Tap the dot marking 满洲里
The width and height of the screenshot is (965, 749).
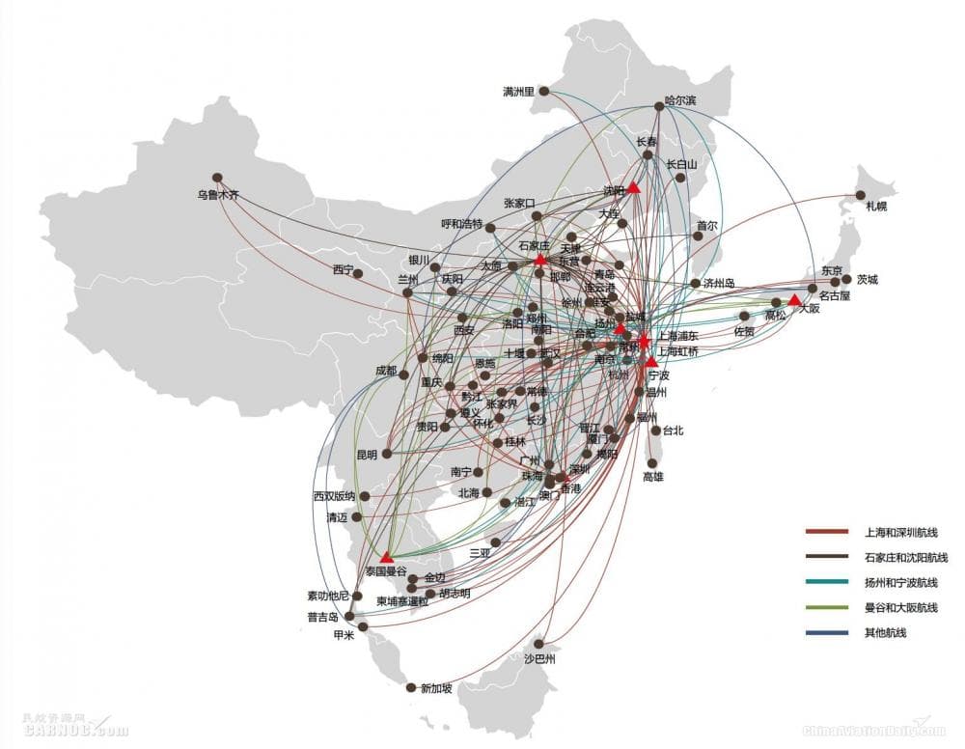[544, 92]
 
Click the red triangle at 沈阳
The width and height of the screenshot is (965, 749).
[634, 188]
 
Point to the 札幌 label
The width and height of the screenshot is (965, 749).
[875, 206]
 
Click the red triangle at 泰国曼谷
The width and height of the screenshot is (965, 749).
[387, 557]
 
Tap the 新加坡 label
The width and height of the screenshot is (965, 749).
[433, 688]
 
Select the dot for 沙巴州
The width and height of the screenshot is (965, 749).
[540, 644]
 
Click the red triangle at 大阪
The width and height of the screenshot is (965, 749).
[794, 299]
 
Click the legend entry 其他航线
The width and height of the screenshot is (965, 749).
[886, 632]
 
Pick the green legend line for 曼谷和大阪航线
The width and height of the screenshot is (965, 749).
[827, 607]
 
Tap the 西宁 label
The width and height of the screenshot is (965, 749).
[343, 269]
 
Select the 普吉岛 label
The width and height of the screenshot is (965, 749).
[323, 616]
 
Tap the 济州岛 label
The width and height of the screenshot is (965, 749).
[718, 283]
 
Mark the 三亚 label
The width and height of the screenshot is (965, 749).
[480, 553]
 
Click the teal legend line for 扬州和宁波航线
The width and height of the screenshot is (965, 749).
[827, 582]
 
